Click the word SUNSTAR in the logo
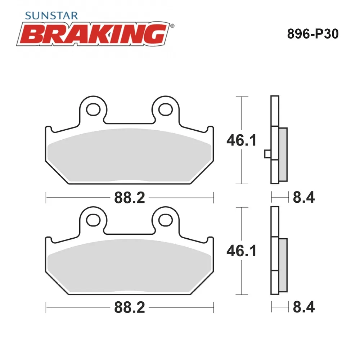[51, 15]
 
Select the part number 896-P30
[313, 34]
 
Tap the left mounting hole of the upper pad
[93, 109]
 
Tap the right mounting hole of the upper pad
[166, 109]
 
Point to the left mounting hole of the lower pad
[93, 220]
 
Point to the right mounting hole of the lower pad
[166, 220]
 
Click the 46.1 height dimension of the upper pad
[241, 140]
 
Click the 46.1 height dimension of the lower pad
[241, 251]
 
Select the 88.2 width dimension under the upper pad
[130, 198]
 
